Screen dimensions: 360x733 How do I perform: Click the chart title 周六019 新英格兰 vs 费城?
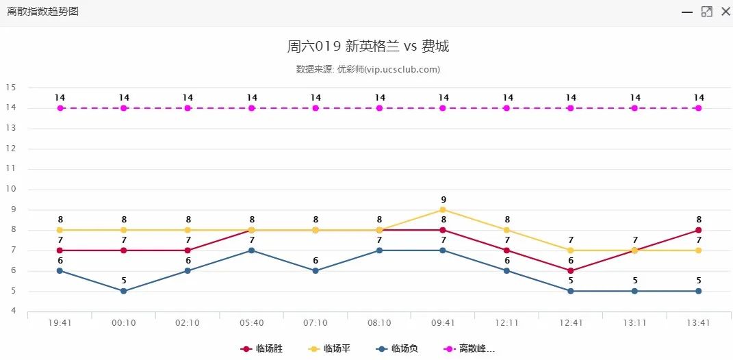coord(368,47)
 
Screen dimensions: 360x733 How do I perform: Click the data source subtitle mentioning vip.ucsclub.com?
coord(368,69)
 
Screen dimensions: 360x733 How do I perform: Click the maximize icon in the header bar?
coord(707,12)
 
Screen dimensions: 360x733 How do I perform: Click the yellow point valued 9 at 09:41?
coord(443,209)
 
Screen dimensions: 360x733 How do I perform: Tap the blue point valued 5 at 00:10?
coord(124,291)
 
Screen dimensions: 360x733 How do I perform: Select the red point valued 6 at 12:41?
coord(571,270)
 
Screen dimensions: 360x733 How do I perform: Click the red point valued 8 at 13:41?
coord(698,230)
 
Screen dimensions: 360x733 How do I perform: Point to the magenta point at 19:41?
coord(60,108)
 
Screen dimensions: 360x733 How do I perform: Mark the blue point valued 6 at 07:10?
coord(316,270)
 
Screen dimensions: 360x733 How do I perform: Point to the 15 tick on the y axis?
coord(10,88)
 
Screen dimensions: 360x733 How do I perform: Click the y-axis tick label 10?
coord(10,189)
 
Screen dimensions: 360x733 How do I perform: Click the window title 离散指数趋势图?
coord(42,12)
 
